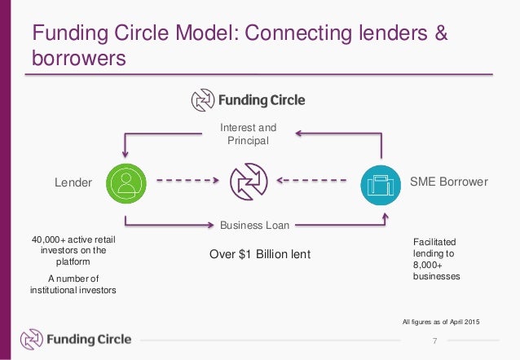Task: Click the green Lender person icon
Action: pos(126,182)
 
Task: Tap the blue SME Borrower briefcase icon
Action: pos(381,182)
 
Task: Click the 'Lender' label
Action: pos(73,182)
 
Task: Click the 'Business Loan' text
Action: pos(254,225)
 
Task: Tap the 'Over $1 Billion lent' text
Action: pos(260,254)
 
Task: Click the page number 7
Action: pos(434,340)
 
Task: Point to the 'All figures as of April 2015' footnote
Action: pos(442,323)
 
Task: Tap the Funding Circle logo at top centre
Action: pos(248,100)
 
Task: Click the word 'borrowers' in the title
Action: pos(78,59)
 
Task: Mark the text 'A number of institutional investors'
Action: pos(73,284)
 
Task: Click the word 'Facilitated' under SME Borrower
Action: pos(435,243)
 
